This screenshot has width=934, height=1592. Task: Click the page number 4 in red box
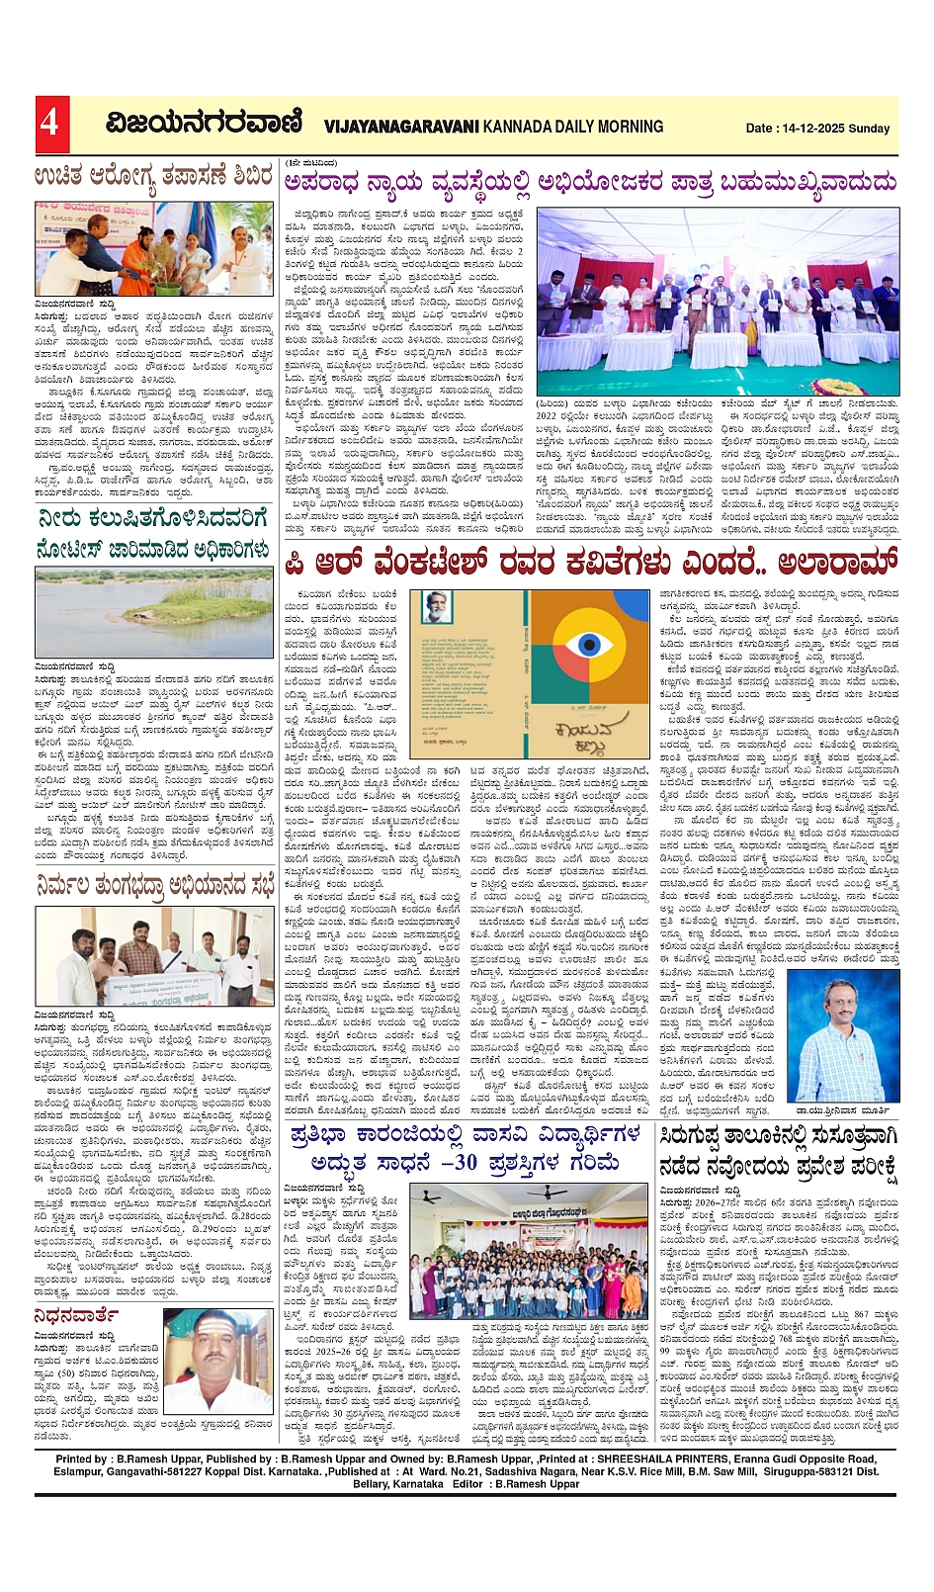(x=49, y=122)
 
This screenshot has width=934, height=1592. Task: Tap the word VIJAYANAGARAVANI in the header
(x=400, y=127)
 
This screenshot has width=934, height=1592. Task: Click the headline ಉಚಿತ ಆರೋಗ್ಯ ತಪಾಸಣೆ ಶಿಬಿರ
(x=154, y=177)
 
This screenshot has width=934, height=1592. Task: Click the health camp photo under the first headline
(x=154, y=247)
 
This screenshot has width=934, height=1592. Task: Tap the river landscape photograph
(x=154, y=612)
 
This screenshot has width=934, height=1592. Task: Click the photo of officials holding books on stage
(x=718, y=301)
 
